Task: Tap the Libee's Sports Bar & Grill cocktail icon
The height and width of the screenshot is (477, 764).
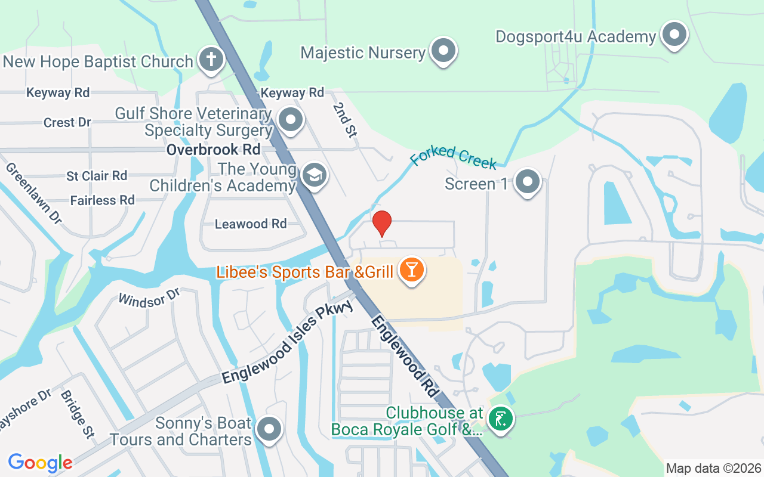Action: point(411,270)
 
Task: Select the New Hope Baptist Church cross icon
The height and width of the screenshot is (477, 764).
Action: point(211,60)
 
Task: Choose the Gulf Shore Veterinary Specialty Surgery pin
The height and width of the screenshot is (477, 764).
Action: point(291,119)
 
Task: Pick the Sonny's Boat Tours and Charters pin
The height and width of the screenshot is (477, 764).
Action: point(269,429)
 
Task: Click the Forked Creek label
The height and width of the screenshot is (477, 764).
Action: point(454,156)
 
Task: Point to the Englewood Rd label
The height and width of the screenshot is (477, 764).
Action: point(405,358)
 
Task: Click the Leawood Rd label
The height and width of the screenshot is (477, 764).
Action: point(251,224)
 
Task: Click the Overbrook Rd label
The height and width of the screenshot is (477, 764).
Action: point(213,149)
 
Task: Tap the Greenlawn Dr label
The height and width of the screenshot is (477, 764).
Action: point(33,193)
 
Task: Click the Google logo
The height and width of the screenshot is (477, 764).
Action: point(40,463)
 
